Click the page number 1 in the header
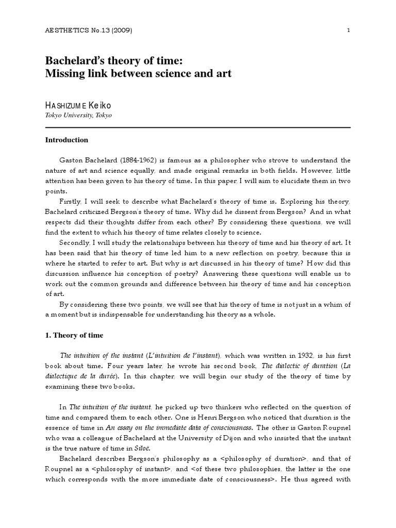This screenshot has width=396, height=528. coord(349,30)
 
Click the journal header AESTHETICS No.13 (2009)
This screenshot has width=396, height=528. coord(89,30)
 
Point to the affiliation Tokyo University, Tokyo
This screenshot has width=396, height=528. coord(78,115)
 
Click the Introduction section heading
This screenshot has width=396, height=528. coord(67,140)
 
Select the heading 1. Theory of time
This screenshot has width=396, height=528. coord(74,335)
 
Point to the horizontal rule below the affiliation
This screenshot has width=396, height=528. coord(198,127)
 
